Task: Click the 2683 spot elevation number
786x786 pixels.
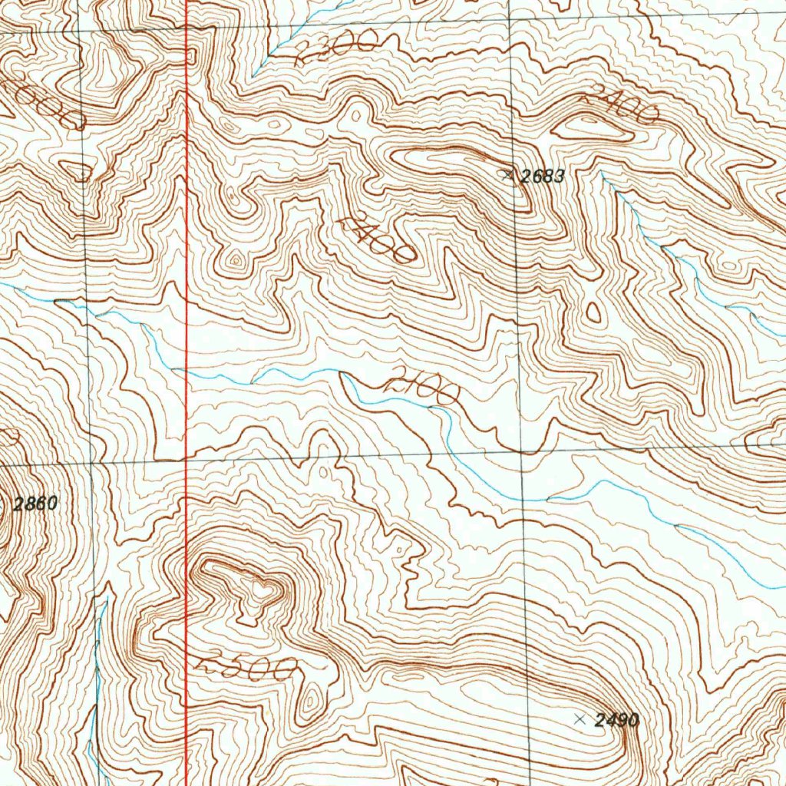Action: click(543, 177)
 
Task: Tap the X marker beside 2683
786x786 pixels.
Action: click(507, 175)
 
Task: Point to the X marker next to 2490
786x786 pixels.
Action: click(580, 720)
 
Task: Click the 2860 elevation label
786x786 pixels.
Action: click(36, 504)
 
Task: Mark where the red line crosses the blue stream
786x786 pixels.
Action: click(187, 372)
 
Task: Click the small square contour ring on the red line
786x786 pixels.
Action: click(190, 54)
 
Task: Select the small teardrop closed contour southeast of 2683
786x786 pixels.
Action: click(593, 312)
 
